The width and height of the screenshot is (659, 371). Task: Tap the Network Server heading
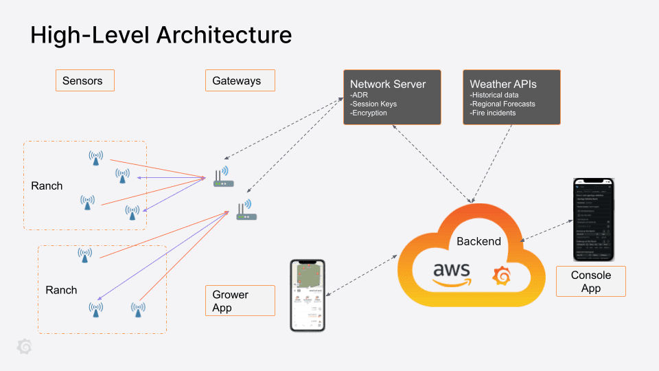[388, 84]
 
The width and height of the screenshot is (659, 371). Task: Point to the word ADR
[360, 95]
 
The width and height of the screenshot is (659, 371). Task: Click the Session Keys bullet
[373, 104]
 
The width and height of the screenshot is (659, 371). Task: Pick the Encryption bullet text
[369, 113]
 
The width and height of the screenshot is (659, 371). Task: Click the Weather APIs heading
[503, 84]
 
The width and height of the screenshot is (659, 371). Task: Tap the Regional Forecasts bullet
[502, 104]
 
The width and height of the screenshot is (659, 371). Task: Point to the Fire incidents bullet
[493, 113]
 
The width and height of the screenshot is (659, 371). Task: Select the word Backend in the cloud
[478, 241]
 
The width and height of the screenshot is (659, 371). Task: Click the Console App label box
[590, 282]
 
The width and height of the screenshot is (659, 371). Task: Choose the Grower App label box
[240, 301]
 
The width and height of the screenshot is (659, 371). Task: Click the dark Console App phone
[593, 220]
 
